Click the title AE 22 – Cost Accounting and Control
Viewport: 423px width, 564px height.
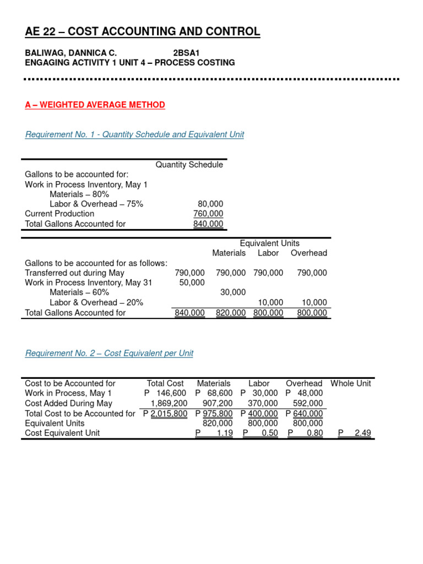[x=143, y=32]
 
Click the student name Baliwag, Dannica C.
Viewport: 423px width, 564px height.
[x=71, y=53]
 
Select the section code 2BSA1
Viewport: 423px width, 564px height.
[x=187, y=53]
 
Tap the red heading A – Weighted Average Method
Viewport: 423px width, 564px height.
[x=95, y=105]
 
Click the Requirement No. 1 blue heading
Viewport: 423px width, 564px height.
[x=134, y=134]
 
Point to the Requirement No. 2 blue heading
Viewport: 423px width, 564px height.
[x=109, y=353]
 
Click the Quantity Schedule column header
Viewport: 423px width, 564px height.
[x=189, y=165]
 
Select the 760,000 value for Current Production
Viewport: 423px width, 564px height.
[x=208, y=214]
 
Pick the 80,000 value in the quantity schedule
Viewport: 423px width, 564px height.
[x=210, y=204]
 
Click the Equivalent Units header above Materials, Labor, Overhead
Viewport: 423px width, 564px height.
[x=269, y=243]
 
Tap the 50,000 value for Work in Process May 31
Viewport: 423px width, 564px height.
[x=192, y=283]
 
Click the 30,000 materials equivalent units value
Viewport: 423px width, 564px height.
[x=233, y=292]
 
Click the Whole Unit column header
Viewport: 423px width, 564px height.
[x=351, y=383]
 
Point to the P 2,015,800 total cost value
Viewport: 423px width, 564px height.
[x=165, y=414]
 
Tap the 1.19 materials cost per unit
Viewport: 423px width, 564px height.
[x=225, y=433]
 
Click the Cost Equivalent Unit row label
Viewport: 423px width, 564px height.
[x=63, y=433]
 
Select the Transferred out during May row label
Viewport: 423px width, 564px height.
[x=74, y=273]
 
